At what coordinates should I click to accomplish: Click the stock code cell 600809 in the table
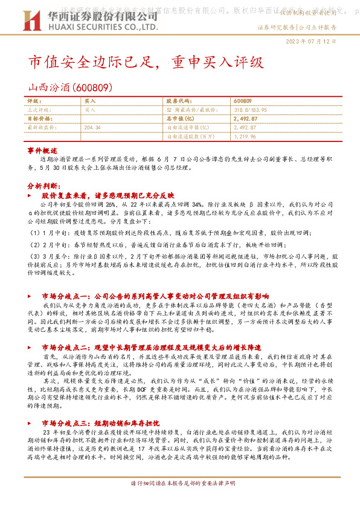pos(242,101)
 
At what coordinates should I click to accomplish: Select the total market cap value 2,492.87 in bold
pos(245,119)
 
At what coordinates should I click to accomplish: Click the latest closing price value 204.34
pos(92,128)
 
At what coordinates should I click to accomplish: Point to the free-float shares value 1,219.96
pos(243,137)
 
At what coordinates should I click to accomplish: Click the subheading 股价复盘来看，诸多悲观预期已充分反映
pos(108,196)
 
